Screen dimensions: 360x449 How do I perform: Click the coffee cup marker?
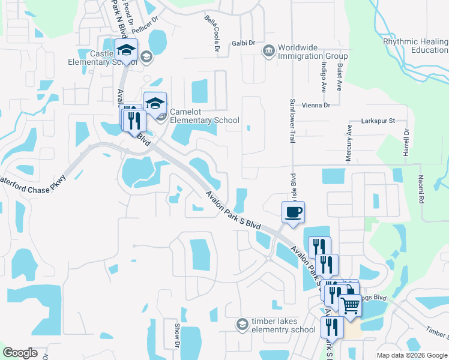click(293, 212)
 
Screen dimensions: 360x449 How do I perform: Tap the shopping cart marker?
click(351, 305)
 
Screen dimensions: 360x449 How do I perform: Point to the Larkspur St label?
click(377, 121)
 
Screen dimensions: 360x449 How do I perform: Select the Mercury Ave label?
click(349, 143)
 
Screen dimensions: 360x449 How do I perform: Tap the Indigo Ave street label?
click(324, 75)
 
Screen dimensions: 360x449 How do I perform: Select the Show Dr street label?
click(177, 335)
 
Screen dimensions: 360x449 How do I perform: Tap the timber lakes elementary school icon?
click(242, 325)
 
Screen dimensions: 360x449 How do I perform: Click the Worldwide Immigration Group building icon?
click(268, 50)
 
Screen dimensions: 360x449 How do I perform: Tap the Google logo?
click(20, 353)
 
